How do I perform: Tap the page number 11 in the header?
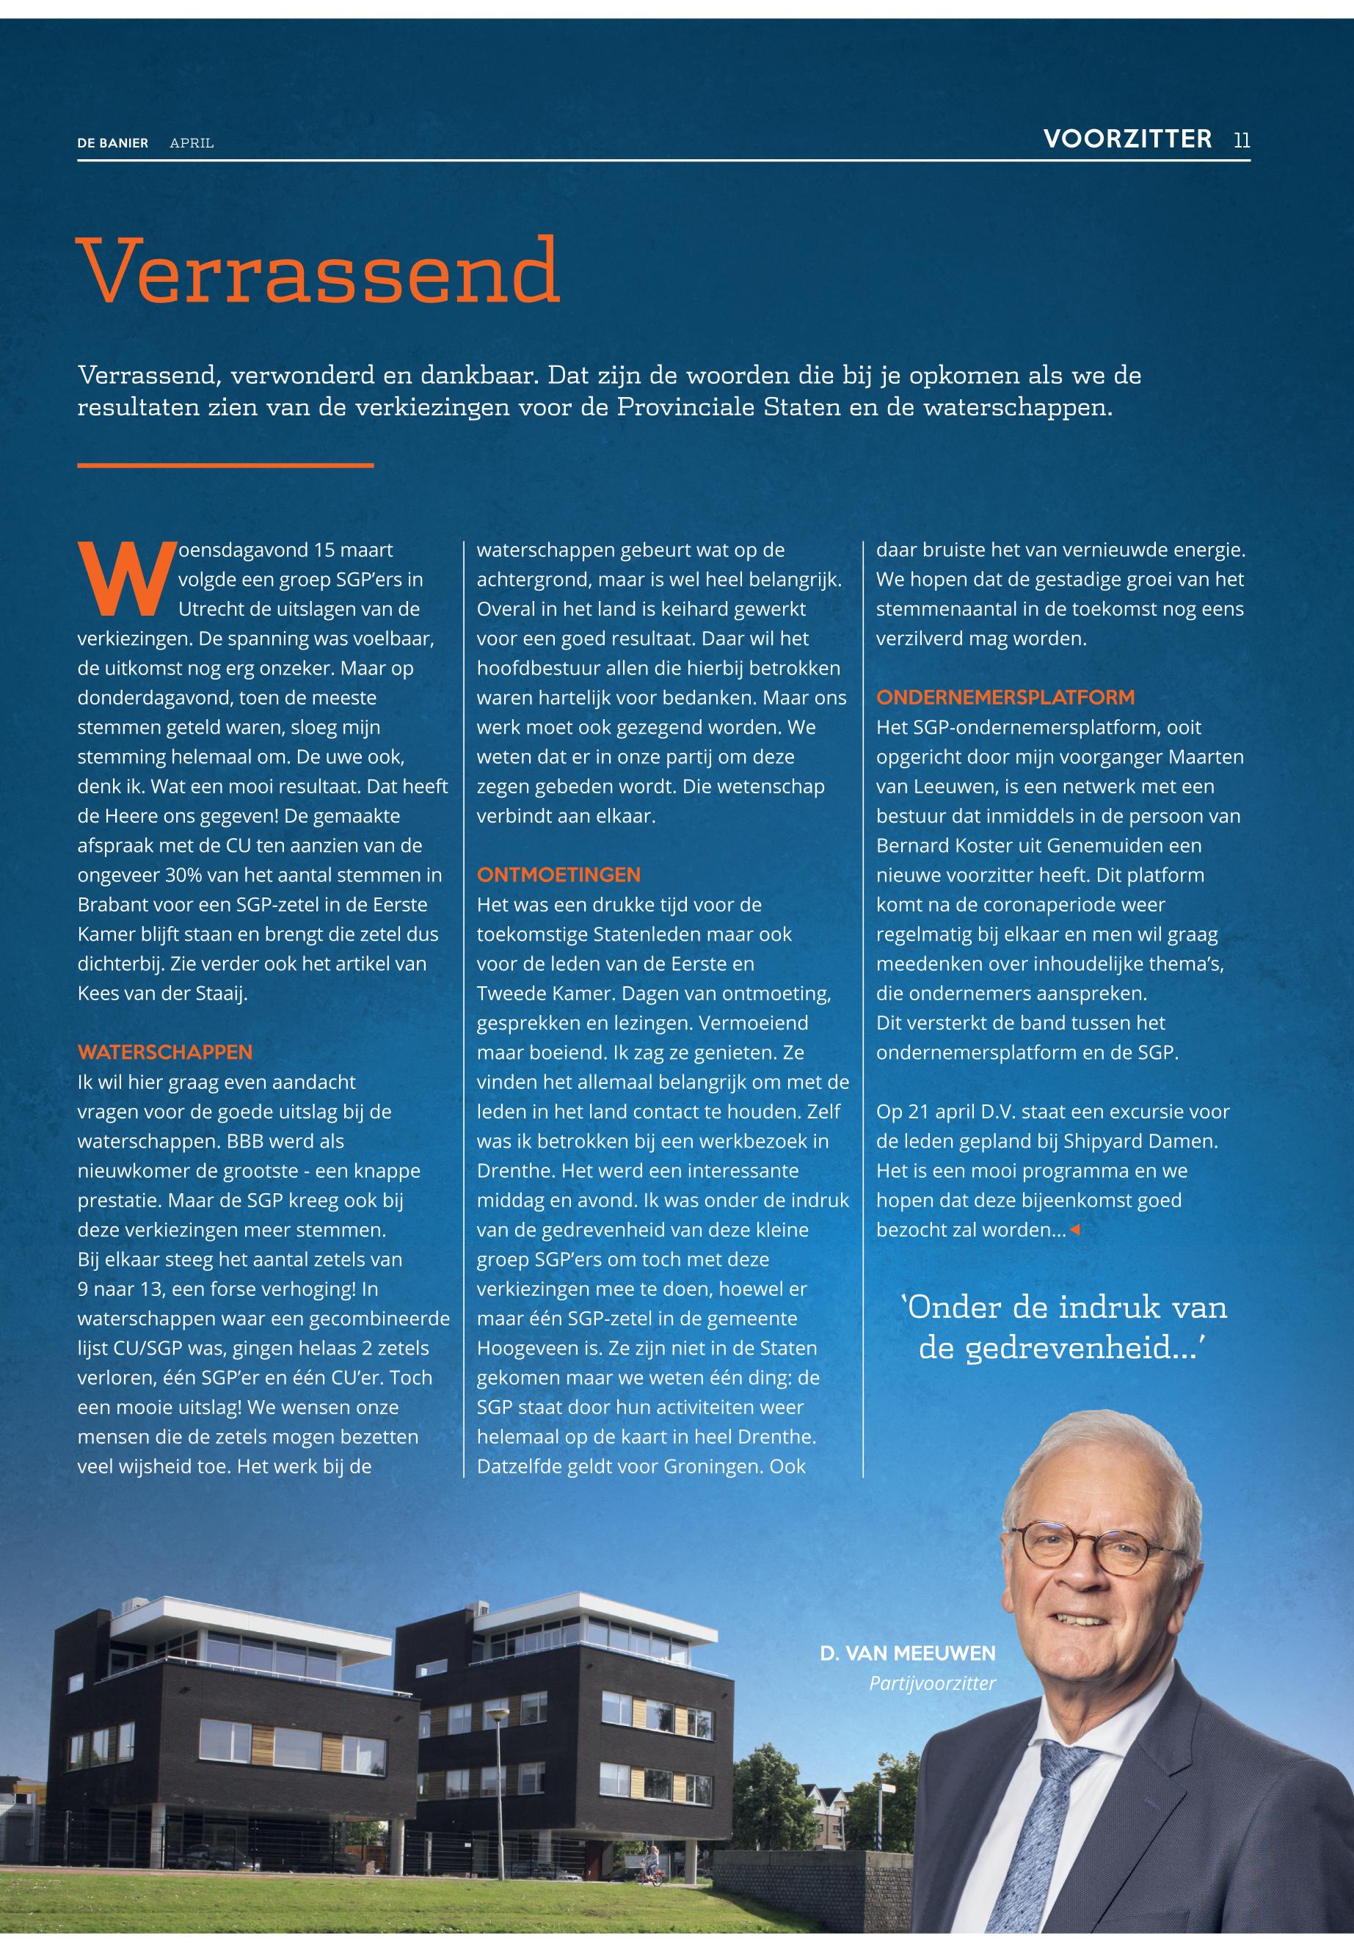coord(1241,140)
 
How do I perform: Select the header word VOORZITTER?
coord(1127,139)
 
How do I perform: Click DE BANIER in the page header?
coord(112,143)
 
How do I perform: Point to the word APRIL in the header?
coord(192,143)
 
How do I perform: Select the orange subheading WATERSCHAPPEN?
coord(164,1052)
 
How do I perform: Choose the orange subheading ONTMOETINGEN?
coord(558,875)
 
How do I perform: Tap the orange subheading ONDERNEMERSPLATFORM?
coord(1005,697)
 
